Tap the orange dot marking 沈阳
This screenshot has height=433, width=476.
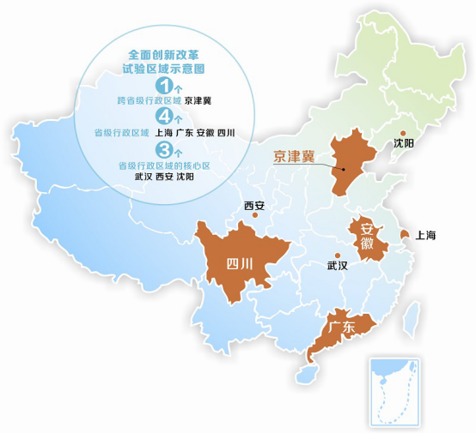[x=402, y=133]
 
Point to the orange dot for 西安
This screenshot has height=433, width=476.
[x=255, y=215]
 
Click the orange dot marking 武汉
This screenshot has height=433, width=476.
[x=338, y=255]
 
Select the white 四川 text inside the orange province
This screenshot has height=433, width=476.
[x=239, y=263]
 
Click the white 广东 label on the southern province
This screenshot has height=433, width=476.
[x=341, y=327]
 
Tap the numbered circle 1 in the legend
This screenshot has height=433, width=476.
[x=163, y=86]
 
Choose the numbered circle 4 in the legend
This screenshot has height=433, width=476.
[x=163, y=117]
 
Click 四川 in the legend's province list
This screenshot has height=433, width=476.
[x=226, y=133]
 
